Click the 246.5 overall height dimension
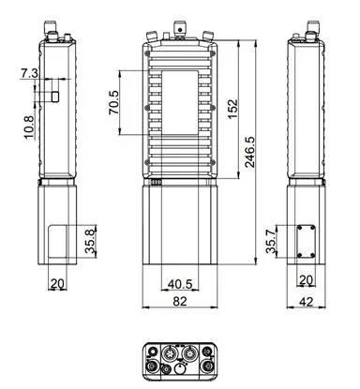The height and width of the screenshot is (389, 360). click(x=250, y=152)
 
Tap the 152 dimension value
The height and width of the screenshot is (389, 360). click(x=232, y=109)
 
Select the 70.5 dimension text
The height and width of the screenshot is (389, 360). click(x=113, y=102)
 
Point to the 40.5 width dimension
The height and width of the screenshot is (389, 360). click(x=180, y=284)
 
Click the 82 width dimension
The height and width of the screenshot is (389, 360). click(x=180, y=301)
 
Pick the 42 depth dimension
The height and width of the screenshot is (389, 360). click(x=306, y=302)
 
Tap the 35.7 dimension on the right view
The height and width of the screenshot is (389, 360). click(x=271, y=241)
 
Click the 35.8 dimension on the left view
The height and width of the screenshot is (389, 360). click(x=90, y=241)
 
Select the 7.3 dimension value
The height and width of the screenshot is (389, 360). click(x=29, y=73)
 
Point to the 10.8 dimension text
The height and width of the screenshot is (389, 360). click(x=29, y=127)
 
